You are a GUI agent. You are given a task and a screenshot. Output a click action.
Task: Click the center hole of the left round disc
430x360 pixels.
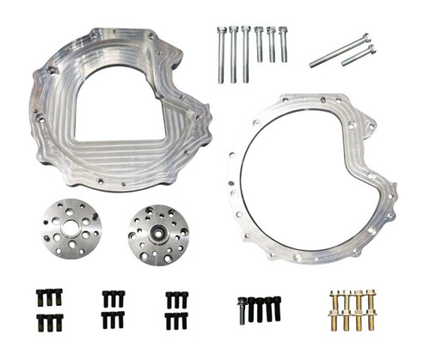pyautogui.click(x=71, y=231)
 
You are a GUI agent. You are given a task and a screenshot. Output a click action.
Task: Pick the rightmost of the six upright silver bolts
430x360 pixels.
pyautogui.click(x=283, y=45)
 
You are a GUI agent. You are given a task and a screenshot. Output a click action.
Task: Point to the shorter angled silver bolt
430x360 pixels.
pyautogui.click(x=359, y=57)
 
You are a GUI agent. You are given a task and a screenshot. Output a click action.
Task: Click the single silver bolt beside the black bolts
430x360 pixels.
pyautogui.click(x=243, y=310)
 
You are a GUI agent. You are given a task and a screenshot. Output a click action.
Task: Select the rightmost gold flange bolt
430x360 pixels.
pyautogui.click(x=372, y=308)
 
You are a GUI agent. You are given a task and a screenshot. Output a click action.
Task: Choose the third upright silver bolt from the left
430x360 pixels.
pyautogui.click(x=246, y=53)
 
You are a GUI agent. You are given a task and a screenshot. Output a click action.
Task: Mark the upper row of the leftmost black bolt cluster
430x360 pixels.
pyautogui.click(x=49, y=297)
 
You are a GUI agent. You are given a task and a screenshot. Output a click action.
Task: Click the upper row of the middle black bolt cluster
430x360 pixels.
pyautogui.click(x=113, y=298)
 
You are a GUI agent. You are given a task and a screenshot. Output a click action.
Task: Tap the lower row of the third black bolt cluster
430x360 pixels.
pyautogui.click(x=175, y=320)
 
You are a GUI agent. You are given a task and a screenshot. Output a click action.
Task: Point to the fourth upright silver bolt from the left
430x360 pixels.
pyautogui.click(x=259, y=45)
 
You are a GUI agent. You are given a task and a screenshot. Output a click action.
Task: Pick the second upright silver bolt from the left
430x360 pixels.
pyautogui.click(x=233, y=53)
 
